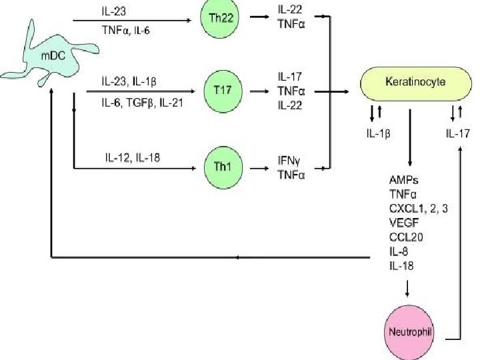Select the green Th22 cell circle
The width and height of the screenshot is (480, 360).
[x=221, y=19]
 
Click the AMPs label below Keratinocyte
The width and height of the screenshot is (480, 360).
[x=403, y=180]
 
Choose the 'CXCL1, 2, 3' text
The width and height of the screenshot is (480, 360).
[x=418, y=208]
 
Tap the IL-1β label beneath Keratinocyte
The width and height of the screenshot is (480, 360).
[x=377, y=132]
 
